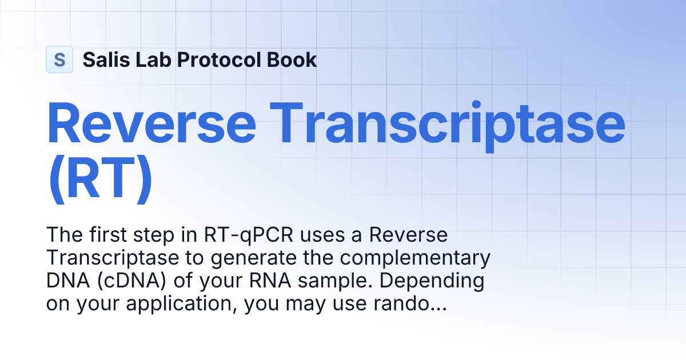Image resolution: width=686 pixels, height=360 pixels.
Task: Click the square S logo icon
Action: (x=59, y=59)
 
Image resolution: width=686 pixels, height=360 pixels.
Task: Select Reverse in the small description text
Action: (x=408, y=235)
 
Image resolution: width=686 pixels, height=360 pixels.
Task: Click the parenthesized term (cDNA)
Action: (x=127, y=281)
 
